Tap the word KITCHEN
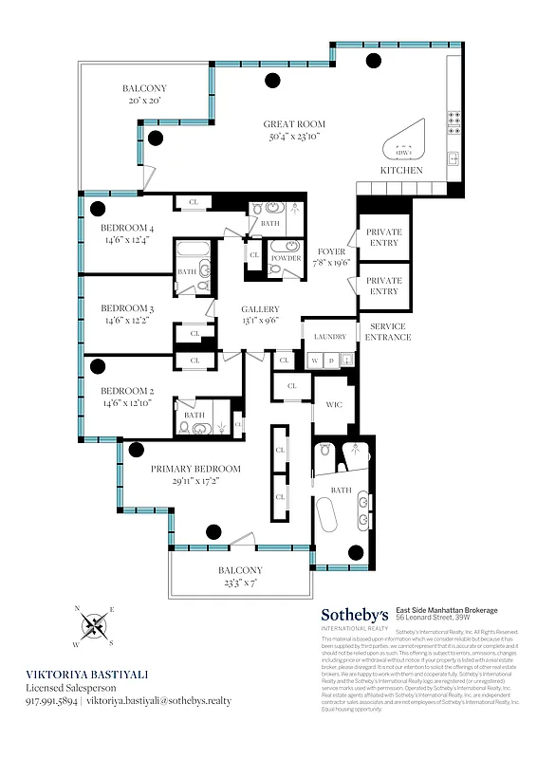click(400, 170)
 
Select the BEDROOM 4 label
click(127, 228)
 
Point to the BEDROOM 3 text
click(127, 308)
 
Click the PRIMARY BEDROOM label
click(194, 469)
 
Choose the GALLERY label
click(259, 309)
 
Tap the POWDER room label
click(286, 257)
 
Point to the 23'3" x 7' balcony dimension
click(239, 583)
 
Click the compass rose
click(95, 625)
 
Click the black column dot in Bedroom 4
click(95, 208)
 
